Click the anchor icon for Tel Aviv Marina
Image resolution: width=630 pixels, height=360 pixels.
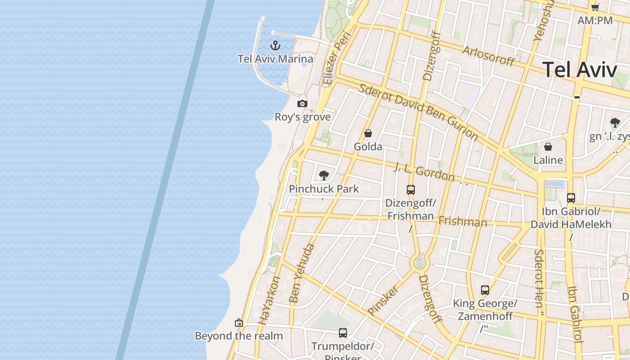pyautogui.click(x=275, y=45)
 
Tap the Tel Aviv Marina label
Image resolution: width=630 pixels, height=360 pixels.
pyautogui.click(x=275, y=59)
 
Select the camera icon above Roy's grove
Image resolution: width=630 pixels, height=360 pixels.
pyautogui.click(x=302, y=104)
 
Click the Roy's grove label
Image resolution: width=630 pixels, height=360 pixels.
pyautogui.click(x=303, y=117)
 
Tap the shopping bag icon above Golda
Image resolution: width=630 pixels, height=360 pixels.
pyautogui.click(x=368, y=133)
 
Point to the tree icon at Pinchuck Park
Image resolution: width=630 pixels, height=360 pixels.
pyautogui.click(x=324, y=175)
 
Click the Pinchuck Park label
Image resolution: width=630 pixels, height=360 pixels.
pyautogui.click(x=324, y=189)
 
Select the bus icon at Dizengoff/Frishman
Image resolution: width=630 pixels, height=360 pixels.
pyautogui.click(x=411, y=190)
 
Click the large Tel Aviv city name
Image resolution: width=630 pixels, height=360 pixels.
pyautogui.click(x=580, y=70)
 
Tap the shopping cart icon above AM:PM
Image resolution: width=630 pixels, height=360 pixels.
pyautogui.click(x=595, y=7)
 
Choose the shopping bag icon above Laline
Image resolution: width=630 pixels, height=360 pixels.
pyautogui.click(x=548, y=147)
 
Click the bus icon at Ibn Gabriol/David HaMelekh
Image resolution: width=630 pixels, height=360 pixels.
pyautogui.click(x=571, y=198)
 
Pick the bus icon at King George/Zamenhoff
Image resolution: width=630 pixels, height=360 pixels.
pyautogui.click(x=485, y=290)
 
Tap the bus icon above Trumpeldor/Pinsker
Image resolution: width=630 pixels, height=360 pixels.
pyautogui.click(x=343, y=333)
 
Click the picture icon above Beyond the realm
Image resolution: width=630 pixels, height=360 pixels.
pyautogui.click(x=239, y=323)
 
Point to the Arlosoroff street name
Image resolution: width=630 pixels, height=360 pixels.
pyautogui.click(x=488, y=56)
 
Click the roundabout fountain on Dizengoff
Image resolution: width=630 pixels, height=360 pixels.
pyautogui.click(x=420, y=263)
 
